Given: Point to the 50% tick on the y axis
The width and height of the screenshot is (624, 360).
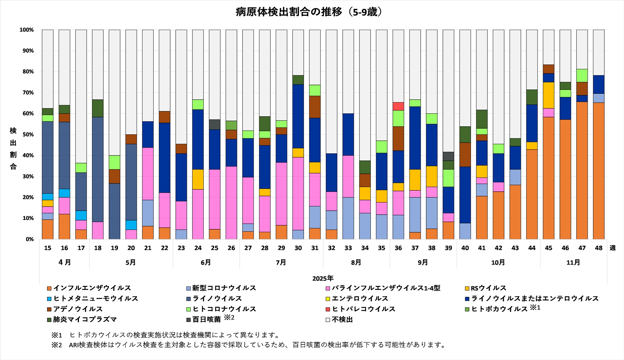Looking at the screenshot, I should pos(27,135).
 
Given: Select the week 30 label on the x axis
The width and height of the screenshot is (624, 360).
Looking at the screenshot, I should pos(298,248).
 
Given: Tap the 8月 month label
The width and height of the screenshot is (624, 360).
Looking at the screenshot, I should pos(356,262).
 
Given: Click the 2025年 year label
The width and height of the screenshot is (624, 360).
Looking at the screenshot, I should pos(323,278).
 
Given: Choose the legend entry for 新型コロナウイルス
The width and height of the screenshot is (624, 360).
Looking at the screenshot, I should pos(224,288).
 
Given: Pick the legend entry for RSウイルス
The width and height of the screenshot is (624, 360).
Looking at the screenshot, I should pos(488,288).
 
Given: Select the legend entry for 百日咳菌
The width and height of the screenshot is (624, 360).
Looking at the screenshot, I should pos(206,319).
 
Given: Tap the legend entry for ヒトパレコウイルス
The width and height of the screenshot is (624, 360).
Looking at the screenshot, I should pos(363,309).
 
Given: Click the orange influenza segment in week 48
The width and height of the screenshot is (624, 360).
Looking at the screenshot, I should pos(599,170).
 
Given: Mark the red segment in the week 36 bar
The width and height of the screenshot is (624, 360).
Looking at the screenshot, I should pos(398,106).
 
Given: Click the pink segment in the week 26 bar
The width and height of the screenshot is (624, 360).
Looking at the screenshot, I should pos(231,203).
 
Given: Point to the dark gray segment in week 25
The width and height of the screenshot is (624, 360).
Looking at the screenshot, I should pos(215,125).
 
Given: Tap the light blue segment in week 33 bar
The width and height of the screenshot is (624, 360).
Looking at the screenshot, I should pos(348,218).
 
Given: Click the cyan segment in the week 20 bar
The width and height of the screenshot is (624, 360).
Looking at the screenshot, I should pos(131,225).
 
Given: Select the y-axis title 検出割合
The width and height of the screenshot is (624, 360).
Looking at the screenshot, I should pos(13,148).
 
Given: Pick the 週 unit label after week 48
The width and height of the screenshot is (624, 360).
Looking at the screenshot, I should pos(612,248).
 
